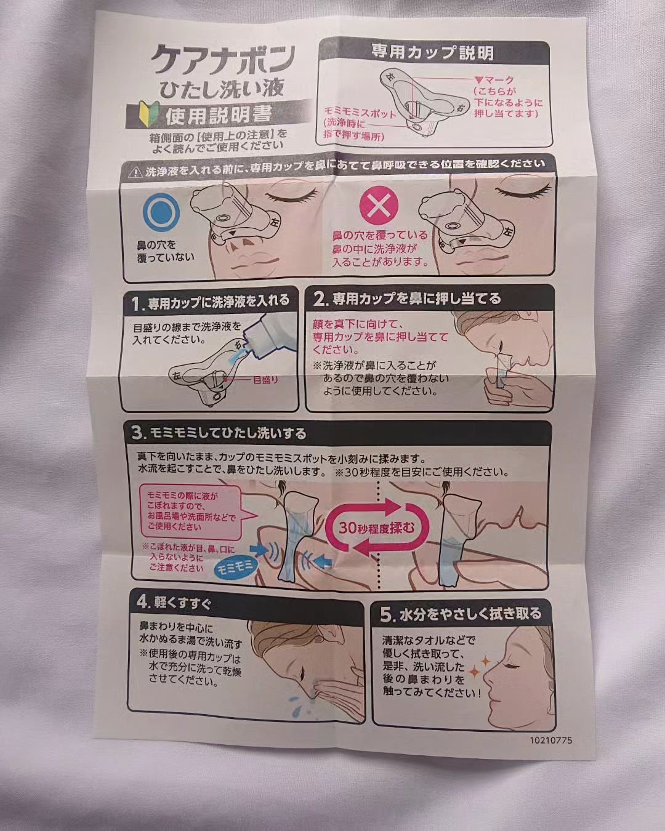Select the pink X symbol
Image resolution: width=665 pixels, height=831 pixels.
coord(379,208)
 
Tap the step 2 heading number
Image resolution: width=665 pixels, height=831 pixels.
coord(320,300)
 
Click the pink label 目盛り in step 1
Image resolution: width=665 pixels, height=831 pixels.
coord(265,379)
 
